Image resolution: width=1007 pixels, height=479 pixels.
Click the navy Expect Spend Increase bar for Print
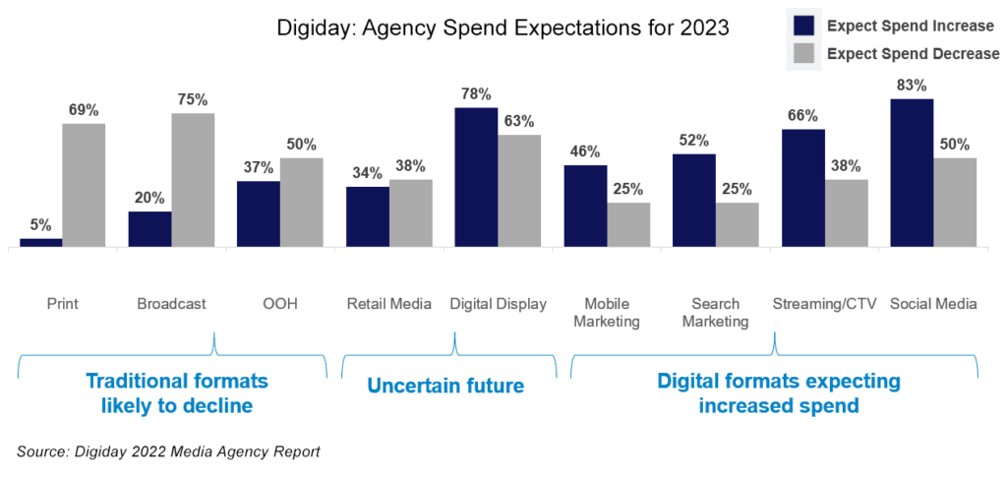(x=41, y=242)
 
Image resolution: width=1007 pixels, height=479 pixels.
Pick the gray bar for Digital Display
(x=519, y=191)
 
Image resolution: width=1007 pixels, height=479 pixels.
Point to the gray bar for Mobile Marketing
(x=628, y=224)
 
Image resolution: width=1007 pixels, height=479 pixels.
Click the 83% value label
(x=912, y=86)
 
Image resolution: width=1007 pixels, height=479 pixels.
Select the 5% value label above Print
(x=41, y=224)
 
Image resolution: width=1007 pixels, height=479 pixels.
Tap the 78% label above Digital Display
(x=476, y=93)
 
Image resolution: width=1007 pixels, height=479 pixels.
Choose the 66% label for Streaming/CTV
(x=802, y=115)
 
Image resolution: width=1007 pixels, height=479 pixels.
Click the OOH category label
(x=281, y=304)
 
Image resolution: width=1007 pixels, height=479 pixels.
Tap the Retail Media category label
(x=389, y=304)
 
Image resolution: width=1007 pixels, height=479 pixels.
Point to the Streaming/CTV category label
(x=824, y=304)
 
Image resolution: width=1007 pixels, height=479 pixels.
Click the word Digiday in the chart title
(x=310, y=29)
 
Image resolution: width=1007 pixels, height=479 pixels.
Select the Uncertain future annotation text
(x=445, y=386)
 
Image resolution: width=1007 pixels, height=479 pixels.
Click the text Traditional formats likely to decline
(x=177, y=392)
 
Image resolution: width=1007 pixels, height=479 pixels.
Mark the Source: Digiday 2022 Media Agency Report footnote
(x=168, y=451)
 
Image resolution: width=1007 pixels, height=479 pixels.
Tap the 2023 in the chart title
(x=706, y=29)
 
